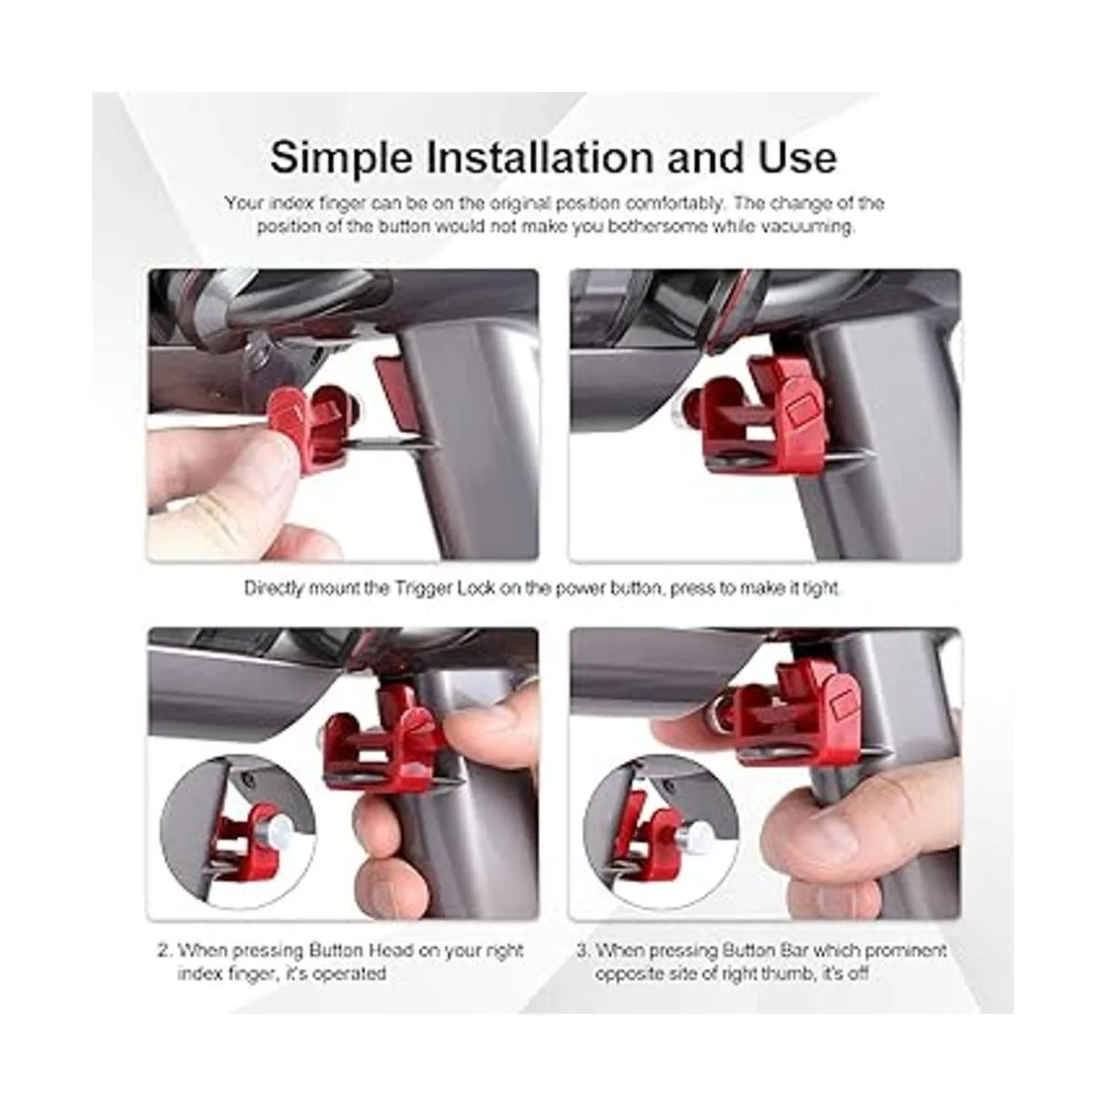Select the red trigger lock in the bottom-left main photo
coord(383,735)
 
